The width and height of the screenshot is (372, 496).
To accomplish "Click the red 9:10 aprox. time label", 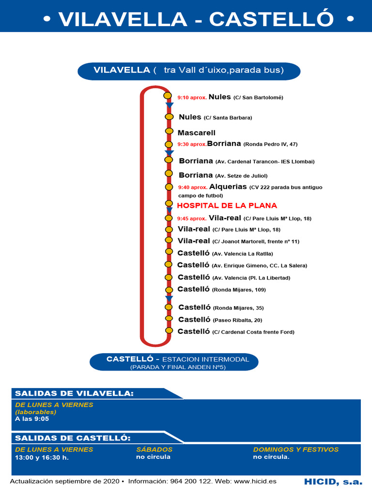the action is click(192, 97).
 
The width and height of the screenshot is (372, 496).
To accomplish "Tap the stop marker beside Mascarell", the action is click(169, 131).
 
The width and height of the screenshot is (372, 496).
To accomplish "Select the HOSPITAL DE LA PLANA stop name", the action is click(227, 205).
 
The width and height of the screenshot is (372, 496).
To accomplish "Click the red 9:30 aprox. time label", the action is click(192, 144).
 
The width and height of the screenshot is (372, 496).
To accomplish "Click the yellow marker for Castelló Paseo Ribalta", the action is click(169, 318).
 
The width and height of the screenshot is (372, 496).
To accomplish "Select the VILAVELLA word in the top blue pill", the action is click(122, 70).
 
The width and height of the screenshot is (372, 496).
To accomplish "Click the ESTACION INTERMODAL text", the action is click(205, 359).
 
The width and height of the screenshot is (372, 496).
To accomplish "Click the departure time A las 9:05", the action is click(32, 419).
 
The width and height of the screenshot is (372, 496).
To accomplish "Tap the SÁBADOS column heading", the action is click(154, 449).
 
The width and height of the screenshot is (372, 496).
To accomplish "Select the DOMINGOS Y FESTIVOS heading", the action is click(295, 449).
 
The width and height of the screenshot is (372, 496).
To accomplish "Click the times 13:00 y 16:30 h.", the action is click(42, 457).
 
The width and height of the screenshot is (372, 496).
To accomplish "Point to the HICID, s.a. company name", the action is click(333, 481).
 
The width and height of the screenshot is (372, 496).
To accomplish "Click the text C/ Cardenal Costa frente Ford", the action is click(253, 332).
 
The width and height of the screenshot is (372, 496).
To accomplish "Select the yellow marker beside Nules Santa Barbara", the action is click(169, 117).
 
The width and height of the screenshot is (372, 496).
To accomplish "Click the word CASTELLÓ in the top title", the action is click(271, 19).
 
